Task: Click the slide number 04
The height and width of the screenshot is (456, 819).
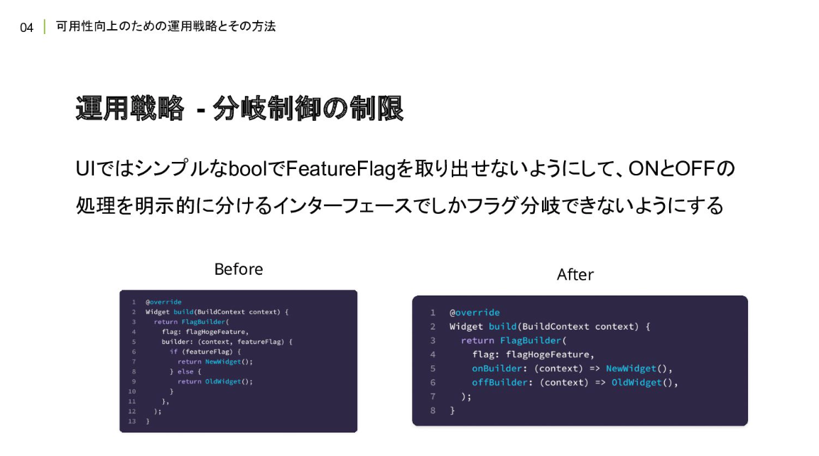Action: [x=27, y=28]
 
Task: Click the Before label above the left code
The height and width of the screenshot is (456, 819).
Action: [x=239, y=270]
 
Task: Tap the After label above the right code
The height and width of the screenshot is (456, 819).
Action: [x=575, y=275]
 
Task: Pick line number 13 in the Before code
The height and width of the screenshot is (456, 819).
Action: [x=131, y=421]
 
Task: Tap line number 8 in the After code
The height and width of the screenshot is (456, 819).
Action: [x=433, y=411]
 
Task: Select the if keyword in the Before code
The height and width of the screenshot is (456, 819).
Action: [x=173, y=352]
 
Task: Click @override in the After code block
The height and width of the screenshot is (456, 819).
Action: [x=474, y=313]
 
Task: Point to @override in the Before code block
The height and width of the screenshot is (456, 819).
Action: [x=163, y=302]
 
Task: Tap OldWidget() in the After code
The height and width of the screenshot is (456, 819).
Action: [x=644, y=382]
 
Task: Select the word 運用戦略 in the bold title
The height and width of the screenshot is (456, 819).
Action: [x=129, y=110]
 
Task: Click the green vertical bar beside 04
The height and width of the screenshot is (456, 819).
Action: [x=45, y=28]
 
